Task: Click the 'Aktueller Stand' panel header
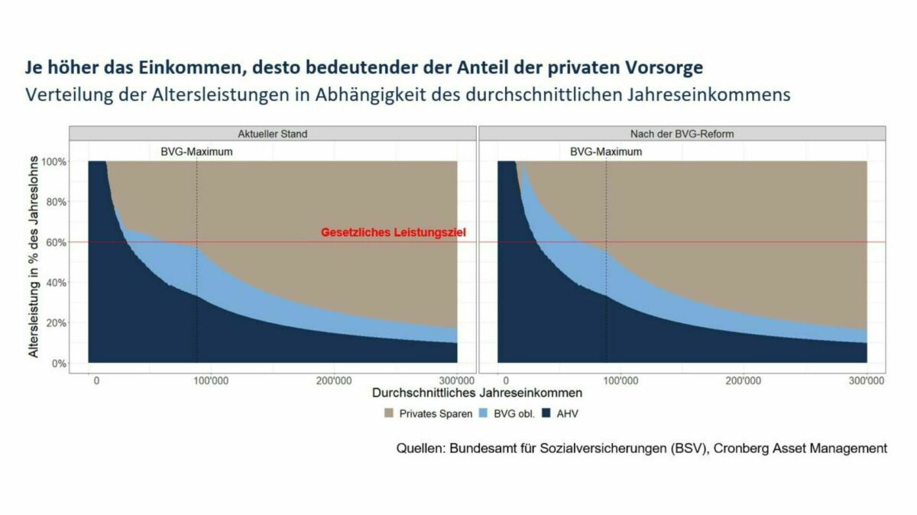point(273,134)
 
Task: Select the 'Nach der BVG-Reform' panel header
point(682,134)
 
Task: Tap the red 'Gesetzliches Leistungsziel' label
point(392,232)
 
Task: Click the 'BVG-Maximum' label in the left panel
point(196,152)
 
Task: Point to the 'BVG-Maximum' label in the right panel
point(606,152)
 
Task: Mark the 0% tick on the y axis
point(59,363)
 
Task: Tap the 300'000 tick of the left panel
point(457,381)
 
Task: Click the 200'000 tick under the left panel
point(335,381)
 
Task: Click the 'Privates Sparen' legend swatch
point(387,413)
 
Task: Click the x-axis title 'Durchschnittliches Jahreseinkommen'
point(478,394)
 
